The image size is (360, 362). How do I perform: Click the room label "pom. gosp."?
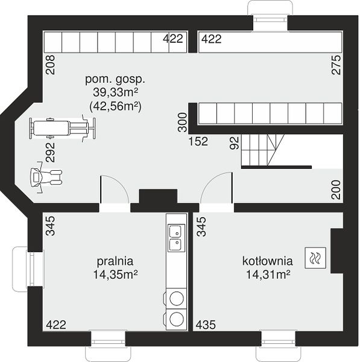tap(115, 80)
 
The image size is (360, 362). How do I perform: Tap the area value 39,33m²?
tap(116, 92)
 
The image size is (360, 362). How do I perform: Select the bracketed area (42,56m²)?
tap(115, 106)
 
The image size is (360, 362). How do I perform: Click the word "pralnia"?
tap(115, 261)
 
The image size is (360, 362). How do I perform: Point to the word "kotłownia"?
tap(268, 261)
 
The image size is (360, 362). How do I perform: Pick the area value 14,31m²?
tap(268, 275)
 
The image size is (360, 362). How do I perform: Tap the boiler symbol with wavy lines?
tap(315, 258)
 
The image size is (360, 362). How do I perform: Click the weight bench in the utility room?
tap(62, 128)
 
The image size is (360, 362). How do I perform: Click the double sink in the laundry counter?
tap(177, 238)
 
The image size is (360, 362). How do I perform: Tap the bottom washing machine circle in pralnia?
tap(177, 319)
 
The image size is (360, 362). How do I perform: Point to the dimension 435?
tap(206, 325)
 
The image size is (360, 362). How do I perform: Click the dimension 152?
tap(198, 141)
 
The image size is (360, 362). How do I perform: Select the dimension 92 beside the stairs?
tap(235, 143)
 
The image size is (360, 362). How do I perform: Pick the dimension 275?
tap(336, 65)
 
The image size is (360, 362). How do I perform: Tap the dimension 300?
tap(183, 122)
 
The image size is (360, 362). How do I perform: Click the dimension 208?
tap(51, 65)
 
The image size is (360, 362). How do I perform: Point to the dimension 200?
tap(336, 190)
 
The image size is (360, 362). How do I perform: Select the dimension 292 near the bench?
tap(51, 153)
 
